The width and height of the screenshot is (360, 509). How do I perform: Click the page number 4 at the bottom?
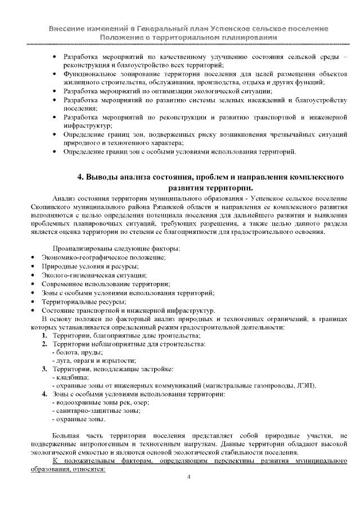pos(188,477)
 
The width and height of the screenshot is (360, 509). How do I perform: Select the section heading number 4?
pos(79,177)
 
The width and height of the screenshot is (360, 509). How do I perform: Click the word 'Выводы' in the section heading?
pos(105,177)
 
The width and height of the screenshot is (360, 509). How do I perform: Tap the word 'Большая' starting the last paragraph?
pos(66,435)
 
